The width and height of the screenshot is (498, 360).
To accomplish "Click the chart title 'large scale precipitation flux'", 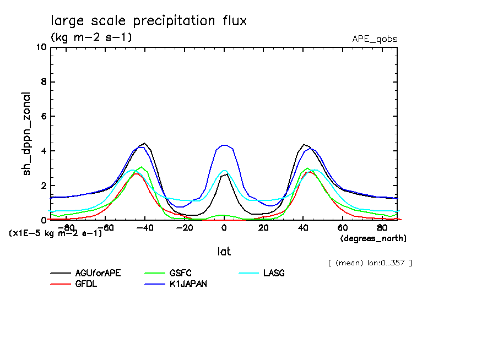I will [x=149, y=21].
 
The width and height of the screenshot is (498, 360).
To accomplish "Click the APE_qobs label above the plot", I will [x=375, y=39].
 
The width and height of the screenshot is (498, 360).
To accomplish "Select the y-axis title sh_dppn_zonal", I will [x=26, y=134].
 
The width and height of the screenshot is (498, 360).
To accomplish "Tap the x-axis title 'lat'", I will [x=224, y=252].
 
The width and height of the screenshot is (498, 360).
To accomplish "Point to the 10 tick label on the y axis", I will [x=40, y=47].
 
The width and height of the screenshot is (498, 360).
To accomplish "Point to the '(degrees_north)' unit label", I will [x=373, y=238].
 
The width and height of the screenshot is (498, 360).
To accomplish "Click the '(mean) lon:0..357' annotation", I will [x=369, y=263].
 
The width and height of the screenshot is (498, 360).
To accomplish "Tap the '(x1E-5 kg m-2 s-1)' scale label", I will [x=55, y=233].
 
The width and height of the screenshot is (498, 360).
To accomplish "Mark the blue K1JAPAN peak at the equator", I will [x=224, y=145].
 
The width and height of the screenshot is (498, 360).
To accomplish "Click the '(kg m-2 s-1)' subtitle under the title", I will [x=91, y=37].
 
